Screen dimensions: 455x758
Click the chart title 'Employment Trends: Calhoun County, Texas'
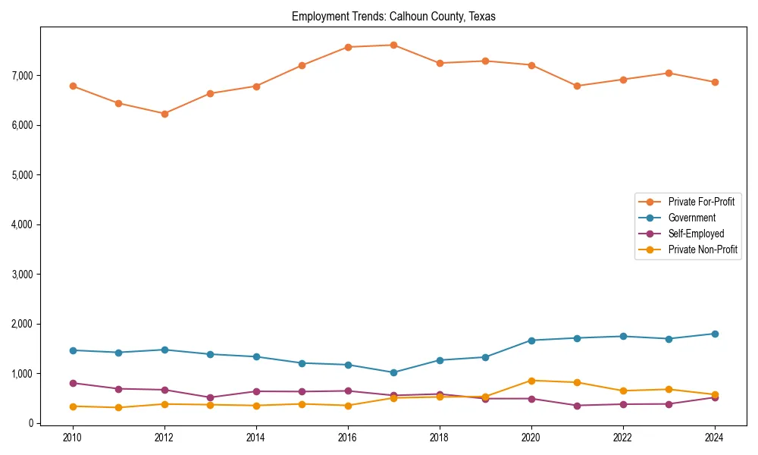393,17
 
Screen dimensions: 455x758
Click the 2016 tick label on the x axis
348,438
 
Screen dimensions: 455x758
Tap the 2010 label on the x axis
73,438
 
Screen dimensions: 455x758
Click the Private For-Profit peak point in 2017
393,45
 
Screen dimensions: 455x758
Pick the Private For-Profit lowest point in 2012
164,114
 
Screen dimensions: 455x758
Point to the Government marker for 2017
393,372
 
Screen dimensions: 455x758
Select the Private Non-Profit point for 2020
531,381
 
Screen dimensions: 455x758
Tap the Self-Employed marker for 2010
73,383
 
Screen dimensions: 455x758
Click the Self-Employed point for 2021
577,406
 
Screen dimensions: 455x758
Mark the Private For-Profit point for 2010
73,86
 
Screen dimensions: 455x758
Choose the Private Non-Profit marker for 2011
119,408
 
